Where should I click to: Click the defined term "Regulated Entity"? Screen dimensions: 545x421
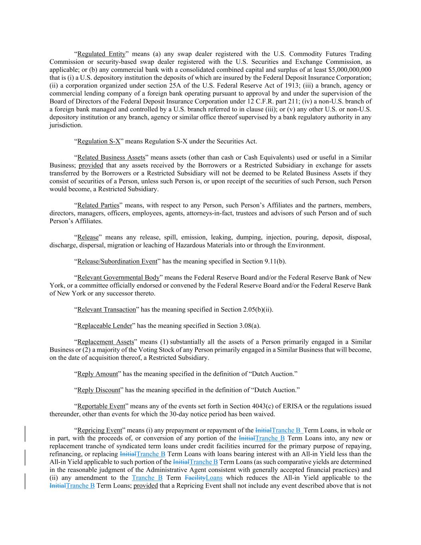click(x=101, y=54)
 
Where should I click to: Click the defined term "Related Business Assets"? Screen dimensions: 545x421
click(x=111, y=157)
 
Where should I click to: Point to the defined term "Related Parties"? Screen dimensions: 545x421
click(x=98, y=205)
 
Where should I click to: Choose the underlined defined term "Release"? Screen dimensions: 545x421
click(x=88, y=237)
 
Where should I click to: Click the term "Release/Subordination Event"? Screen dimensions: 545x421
click(x=117, y=262)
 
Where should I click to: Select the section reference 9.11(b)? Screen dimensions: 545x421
click(x=273, y=262)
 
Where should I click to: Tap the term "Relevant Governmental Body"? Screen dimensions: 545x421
click(x=118, y=277)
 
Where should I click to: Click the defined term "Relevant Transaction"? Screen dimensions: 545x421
click(x=107, y=309)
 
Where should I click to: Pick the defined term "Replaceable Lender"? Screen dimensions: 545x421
click(x=105, y=326)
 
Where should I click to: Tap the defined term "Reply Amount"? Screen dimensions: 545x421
click(x=97, y=374)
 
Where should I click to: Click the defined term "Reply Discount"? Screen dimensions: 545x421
click(x=99, y=390)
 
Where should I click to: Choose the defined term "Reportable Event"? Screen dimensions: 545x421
click(x=101, y=406)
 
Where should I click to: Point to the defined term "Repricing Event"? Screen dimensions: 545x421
click(x=99, y=430)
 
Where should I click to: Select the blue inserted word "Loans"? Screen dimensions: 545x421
click(x=214, y=478)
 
